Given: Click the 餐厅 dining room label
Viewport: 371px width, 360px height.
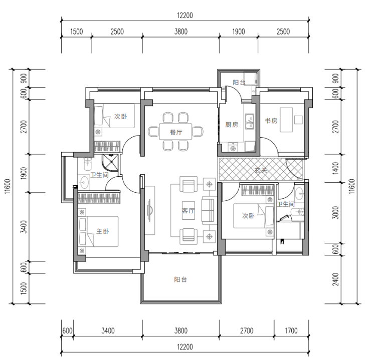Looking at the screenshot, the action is pyautogui.click(x=176, y=132).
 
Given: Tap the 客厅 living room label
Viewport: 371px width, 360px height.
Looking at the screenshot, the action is pyautogui.click(x=189, y=210).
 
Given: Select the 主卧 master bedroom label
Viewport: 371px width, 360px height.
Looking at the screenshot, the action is pyautogui.click(x=102, y=231).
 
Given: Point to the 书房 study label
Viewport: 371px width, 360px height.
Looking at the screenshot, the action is pyautogui.click(x=271, y=121).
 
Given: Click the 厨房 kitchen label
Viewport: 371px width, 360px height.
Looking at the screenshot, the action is pyautogui.click(x=232, y=125).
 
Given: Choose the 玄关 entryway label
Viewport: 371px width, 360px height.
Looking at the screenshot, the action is pyautogui.click(x=261, y=170).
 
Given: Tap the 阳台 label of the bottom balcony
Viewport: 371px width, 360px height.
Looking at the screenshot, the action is pyautogui.click(x=180, y=279).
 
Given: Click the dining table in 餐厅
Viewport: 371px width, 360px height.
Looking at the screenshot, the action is pyautogui.click(x=175, y=132).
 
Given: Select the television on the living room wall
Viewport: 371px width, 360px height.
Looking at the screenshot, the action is pyautogui.click(x=149, y=210).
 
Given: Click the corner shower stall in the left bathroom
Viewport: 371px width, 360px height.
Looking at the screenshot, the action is pyautogui.click(x=110, y=163).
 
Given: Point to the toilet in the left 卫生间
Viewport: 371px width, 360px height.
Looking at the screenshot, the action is pyautogui.click(x=88, y=163).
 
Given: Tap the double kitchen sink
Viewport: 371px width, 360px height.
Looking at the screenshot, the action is pyautogui.click(x=250, y=121).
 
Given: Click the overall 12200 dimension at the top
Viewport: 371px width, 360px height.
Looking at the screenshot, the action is pyautogui.click(x=185, y=16).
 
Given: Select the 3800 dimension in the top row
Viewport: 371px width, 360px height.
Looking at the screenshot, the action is pyautogui.click(x=181, y=32).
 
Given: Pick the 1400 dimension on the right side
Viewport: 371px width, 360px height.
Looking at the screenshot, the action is pyautogui.click(x=335, y=168).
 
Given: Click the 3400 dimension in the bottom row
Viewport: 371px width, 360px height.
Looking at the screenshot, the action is pyautogui.click(x=108, y=330).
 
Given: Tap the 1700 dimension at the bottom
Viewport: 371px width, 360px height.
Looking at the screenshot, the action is pyautogui.click(x=291, y=330).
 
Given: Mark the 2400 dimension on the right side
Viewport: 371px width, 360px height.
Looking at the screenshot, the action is pyautogui.click(x=335, y=279).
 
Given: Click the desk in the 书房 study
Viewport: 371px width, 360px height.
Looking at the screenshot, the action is pyautogui.click(x=286, y=120).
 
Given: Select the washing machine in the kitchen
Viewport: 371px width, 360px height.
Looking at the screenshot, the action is pyautogui.click(x=233, y=147).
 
